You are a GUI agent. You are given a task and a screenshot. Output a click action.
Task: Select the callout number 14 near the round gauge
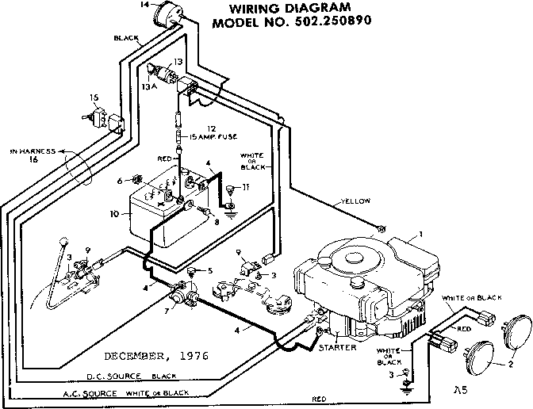(144, 6)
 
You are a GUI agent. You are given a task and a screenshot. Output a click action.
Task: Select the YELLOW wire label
(355, 201)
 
